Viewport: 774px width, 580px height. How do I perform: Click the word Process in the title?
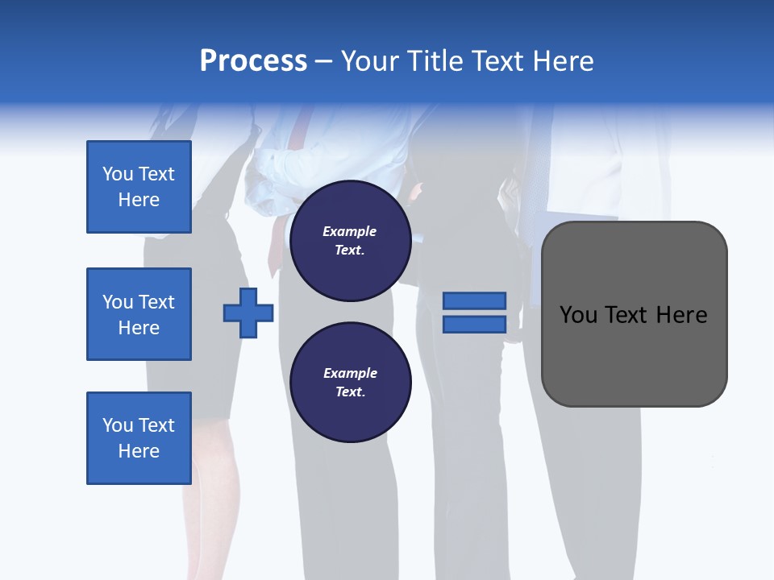pos(253,61)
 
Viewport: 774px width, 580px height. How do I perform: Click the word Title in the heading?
pos(435,61)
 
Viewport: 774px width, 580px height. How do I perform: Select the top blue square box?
pos(139,187)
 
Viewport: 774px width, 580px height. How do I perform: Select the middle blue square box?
pos(139,314)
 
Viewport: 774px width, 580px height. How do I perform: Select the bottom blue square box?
pos(139,438)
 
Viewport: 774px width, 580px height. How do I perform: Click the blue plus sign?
pos(248,313)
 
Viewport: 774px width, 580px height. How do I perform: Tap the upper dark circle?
pos(351,241)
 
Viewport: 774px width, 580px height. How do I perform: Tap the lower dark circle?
pos(351,383)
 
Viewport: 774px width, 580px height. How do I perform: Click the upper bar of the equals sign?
pos(474,301)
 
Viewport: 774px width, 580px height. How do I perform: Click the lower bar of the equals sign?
pos(474,324)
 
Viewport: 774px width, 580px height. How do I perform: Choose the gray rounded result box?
pos(634,354)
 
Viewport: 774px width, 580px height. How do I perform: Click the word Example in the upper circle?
pos(350,231)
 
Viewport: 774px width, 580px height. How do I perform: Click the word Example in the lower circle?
pos(350,373)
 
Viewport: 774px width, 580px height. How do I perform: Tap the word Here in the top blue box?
pos(139,200)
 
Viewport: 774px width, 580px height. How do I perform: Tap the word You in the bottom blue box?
pos(118,425)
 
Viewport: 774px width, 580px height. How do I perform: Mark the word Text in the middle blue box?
pos(156,302)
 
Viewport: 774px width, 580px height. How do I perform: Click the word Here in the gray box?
pos(681,315)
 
